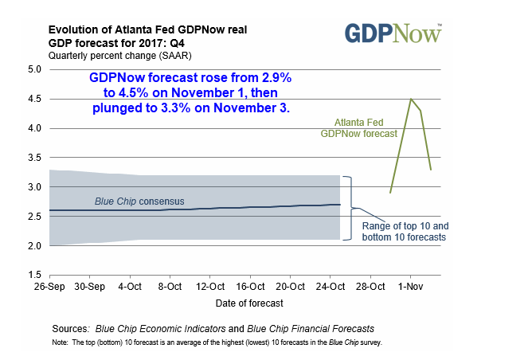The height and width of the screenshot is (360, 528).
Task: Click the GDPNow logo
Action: (x=393, y=33)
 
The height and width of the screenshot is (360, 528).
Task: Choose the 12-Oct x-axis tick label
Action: (x=211, y=286)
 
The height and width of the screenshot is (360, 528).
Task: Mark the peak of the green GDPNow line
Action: (x=410, y=99)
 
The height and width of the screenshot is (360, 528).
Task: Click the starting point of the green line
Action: (x=390, y=193)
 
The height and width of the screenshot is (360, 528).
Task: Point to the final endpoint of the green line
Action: (x=430, y=169)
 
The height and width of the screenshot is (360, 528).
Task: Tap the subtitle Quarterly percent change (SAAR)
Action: (x=119, y=56)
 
